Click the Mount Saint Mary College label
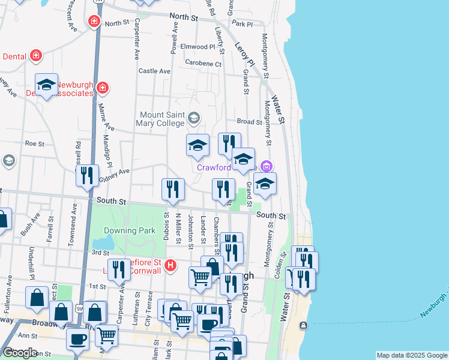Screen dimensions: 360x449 coord(162,119)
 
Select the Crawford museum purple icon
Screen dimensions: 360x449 coord(268,166)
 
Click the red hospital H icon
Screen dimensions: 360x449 coord(171,265)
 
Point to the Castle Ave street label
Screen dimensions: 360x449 coord(155,71)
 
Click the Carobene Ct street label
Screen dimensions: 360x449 coord(203,64)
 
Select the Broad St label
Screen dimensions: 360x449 coord(250,121)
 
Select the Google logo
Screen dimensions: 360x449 coord(20,353)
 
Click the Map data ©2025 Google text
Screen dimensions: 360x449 coord(411,355)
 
